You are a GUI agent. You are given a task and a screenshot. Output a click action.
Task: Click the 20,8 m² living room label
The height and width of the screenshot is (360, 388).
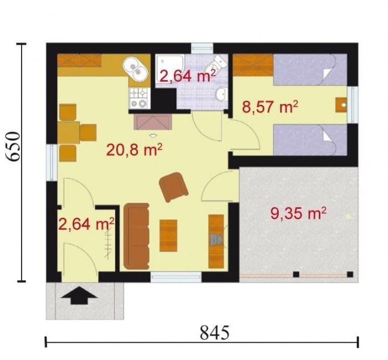coord(134,150)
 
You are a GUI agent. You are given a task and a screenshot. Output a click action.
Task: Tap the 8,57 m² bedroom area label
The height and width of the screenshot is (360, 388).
coord(270,106)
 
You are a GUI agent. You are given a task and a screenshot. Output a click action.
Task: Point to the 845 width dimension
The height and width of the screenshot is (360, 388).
coord(215,332)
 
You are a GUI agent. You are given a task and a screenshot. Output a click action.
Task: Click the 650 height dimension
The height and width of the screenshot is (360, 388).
coord(13,147)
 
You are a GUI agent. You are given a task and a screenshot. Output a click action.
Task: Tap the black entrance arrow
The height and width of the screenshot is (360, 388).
coord(79,295)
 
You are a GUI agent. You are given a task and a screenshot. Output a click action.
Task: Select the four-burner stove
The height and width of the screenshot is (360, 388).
coord(139,98)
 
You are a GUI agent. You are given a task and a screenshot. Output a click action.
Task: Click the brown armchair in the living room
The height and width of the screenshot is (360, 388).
coord(173,187)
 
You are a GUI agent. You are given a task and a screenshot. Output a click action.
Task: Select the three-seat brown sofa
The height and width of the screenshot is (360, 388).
coord(136,236)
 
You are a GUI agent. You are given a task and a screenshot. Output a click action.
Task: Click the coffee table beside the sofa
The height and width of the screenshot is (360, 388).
coord(169,235)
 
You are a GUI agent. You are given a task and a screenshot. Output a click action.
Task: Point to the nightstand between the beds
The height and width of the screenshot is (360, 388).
coord(341,105)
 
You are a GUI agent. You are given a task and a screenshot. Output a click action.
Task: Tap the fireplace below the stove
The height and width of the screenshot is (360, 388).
coord(153,122)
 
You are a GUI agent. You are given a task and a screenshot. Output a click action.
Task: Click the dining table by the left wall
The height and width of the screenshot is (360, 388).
coord(69,132)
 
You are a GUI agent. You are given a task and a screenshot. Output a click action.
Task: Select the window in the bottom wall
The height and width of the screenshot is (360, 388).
coord(176,277)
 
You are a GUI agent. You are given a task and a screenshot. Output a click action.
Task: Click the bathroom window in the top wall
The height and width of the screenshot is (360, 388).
coord(202,48)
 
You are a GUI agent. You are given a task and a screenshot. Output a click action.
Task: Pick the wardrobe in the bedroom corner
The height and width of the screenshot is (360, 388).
coord(253,65)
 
